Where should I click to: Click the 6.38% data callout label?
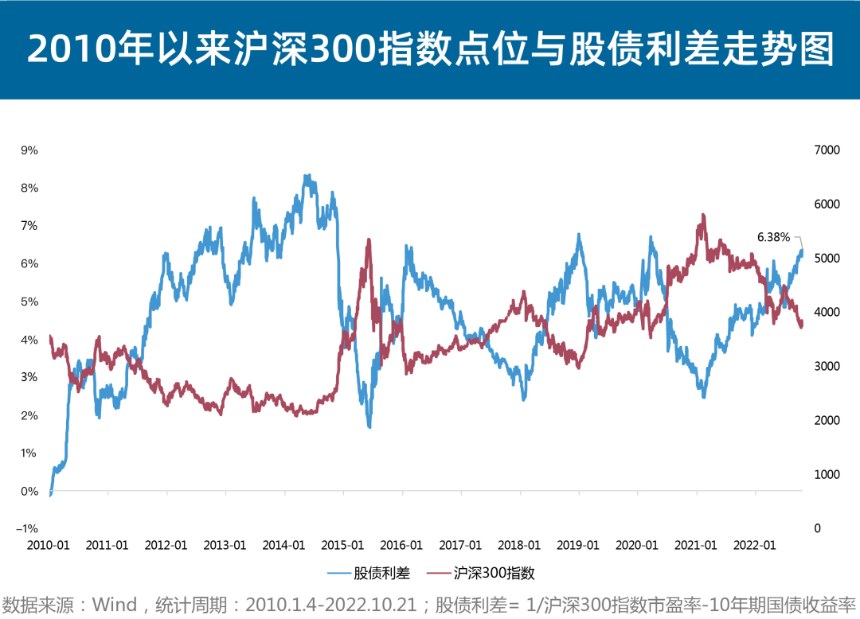(772, 237)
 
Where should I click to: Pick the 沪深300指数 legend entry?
(491, 573)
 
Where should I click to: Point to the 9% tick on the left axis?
(29, 150)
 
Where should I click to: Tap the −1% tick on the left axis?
(29, 529)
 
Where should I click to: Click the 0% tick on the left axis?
(29, 491)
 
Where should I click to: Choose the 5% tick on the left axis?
(29, 302)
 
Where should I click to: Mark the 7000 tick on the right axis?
(824, 150)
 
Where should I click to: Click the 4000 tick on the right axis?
(824, 313)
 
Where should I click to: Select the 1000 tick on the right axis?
(824, 475)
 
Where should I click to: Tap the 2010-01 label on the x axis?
(48, 545)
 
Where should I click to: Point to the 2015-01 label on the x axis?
(343, 545)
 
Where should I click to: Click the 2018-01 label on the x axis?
(519, 545)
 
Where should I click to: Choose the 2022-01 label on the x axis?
(755, 545)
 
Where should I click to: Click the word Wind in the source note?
(115, 605)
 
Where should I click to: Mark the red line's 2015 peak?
(369, 239)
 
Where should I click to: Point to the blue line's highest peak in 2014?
(307, 176)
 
